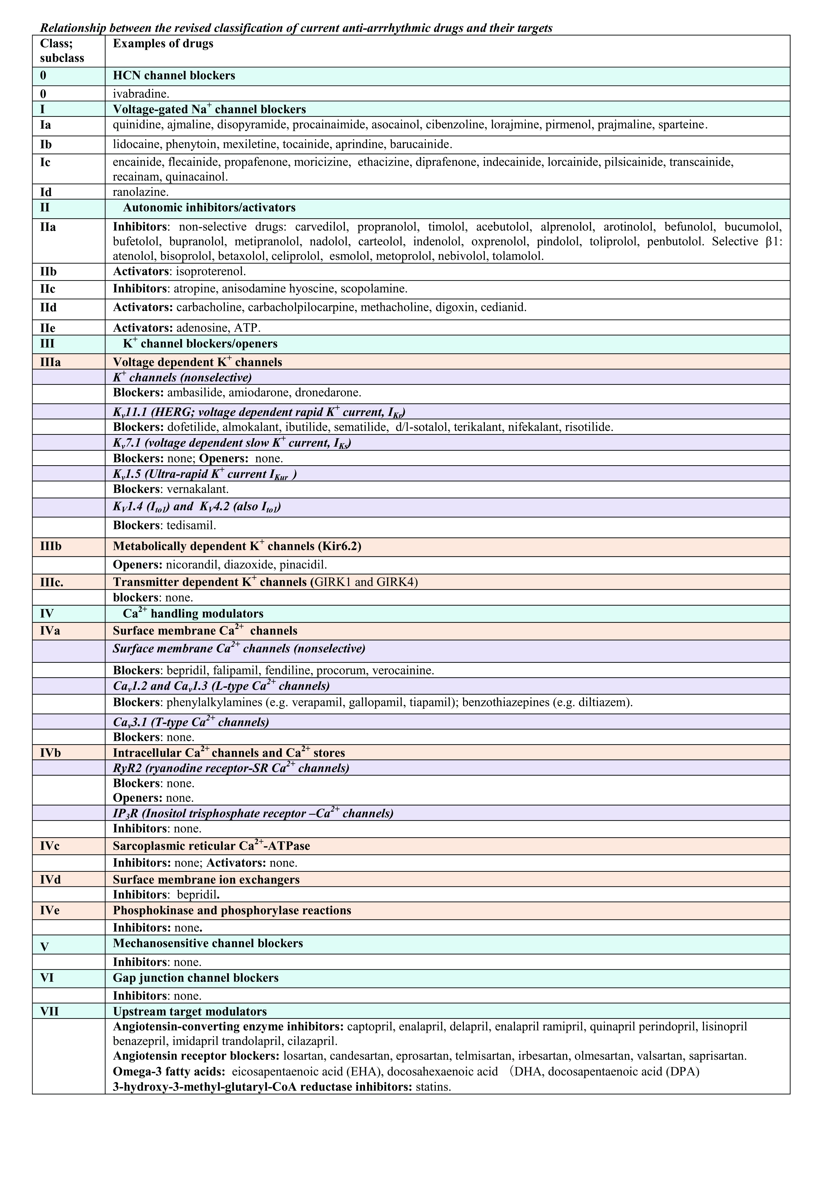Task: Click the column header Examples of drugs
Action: point(163,44)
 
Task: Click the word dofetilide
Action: point(186,427)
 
